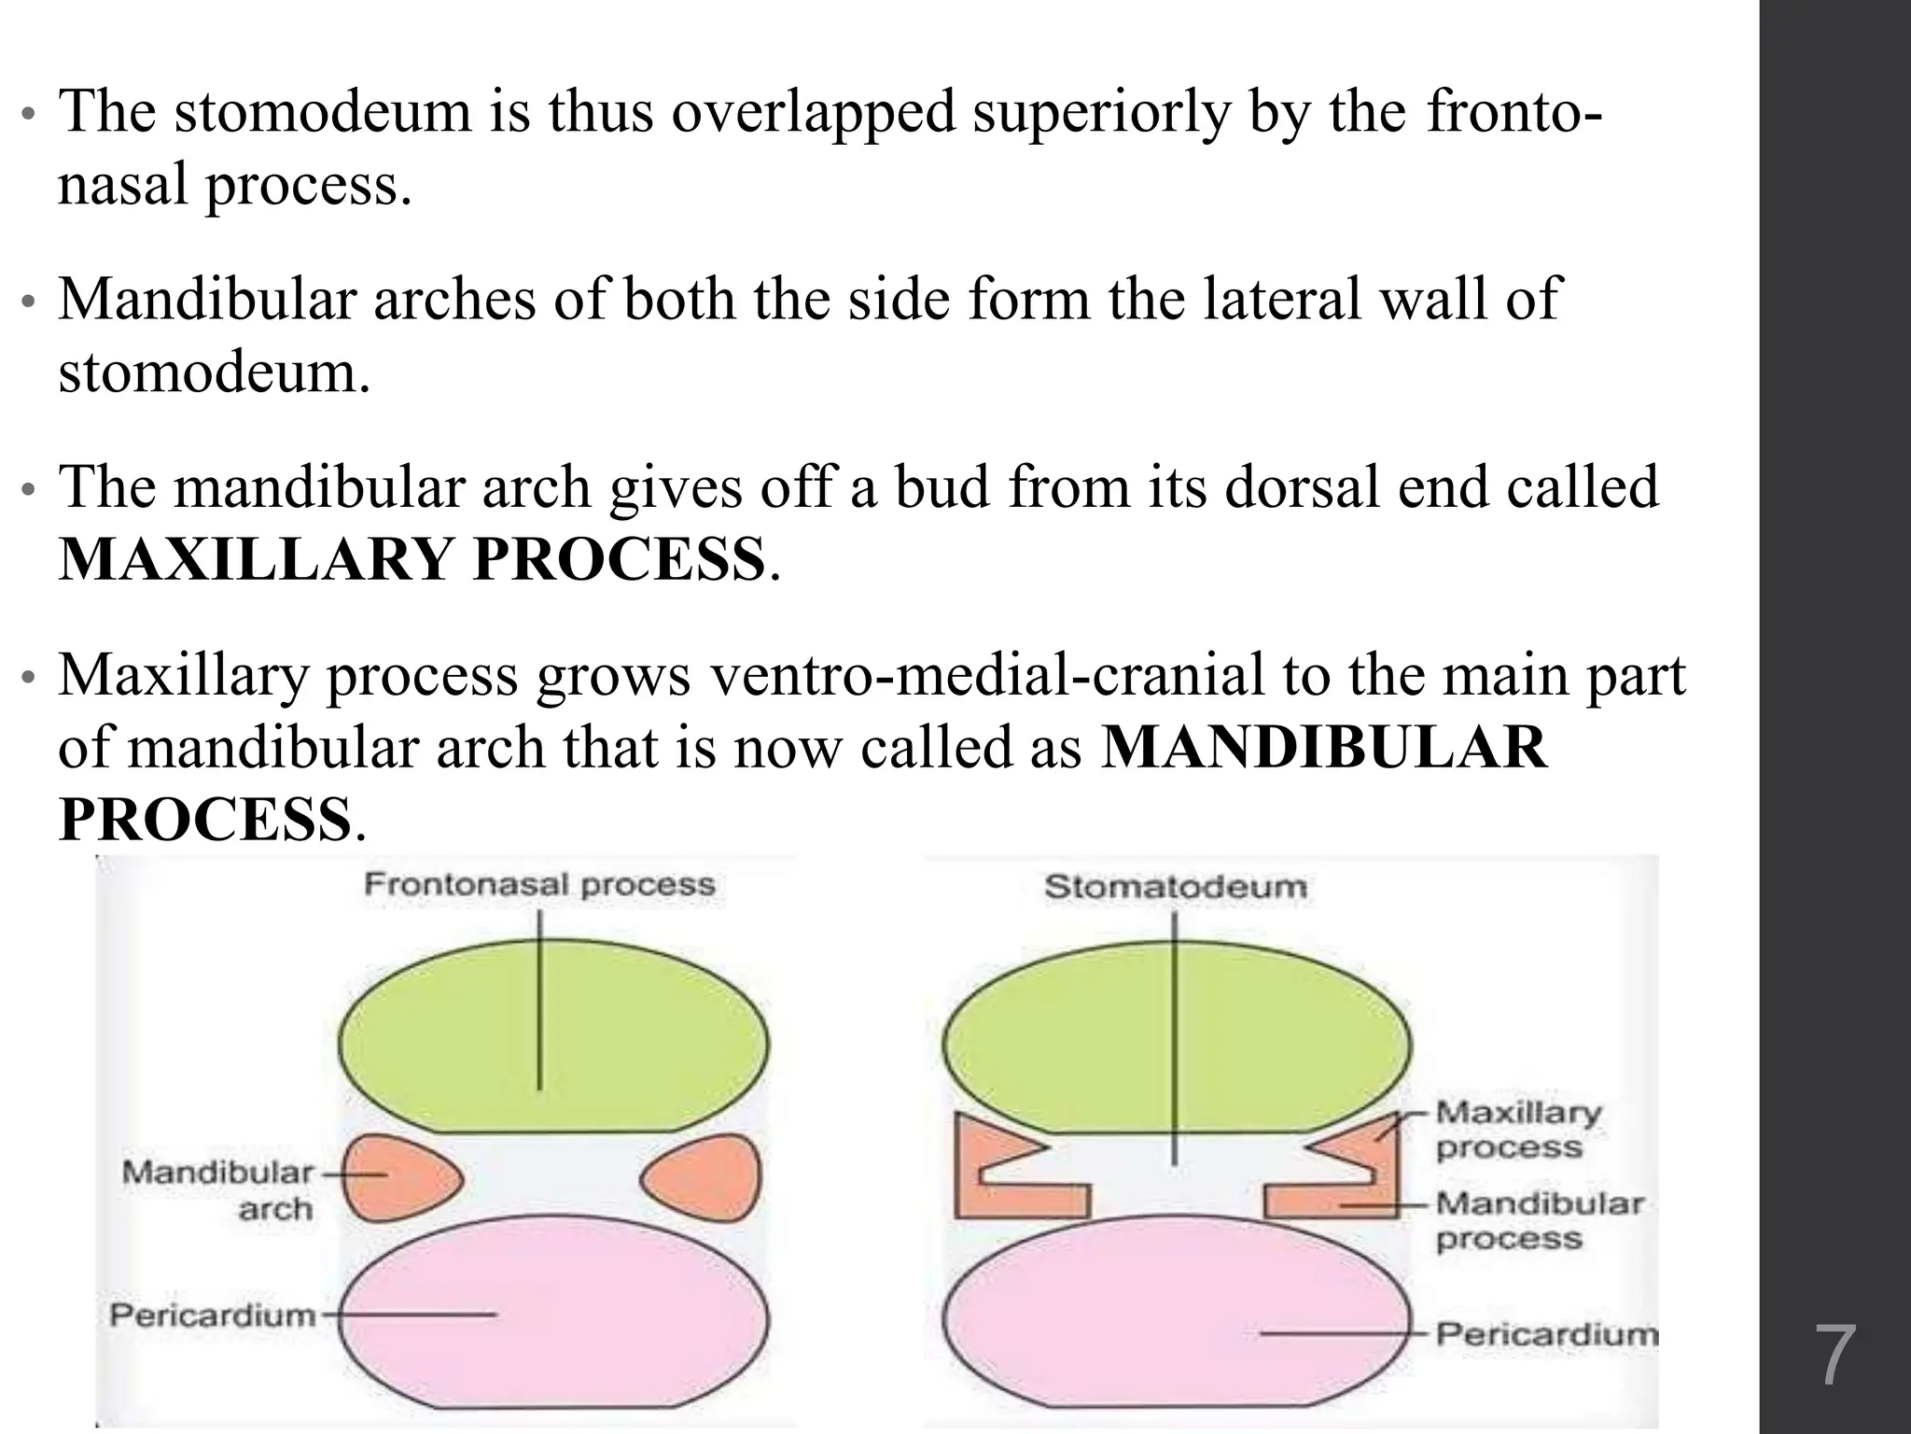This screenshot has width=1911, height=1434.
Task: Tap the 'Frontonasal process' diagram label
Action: click(539, 885)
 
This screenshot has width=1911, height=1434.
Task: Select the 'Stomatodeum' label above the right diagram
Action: click(1175, 886)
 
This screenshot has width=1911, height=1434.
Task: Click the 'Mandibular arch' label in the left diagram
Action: click(218, 1190)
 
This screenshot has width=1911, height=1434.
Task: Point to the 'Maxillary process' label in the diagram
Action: click(1517, 1130)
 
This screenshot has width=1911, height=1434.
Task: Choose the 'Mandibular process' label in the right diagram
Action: click(1539, 1221)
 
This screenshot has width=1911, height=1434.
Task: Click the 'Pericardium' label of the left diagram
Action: click(213, 1315)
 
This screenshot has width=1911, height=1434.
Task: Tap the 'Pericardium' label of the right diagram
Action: click(1546, 1333)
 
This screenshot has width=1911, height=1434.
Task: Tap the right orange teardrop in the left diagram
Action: click(709, 1178)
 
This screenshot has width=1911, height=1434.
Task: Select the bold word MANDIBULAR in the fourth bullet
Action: click(1324, 748)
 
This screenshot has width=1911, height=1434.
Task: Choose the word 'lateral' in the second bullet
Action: click(1282, 299)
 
